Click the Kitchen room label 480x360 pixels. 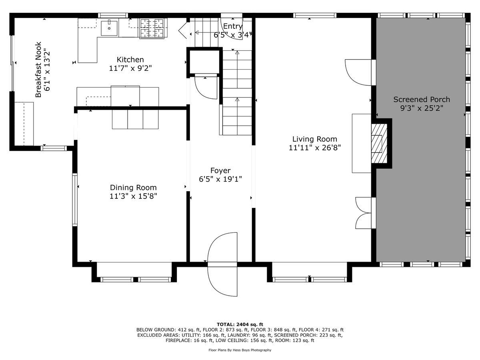[130, 60]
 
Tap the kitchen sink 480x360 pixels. [109, 28]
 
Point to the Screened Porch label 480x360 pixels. [421, 99]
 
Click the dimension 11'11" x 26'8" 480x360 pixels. [314, 148]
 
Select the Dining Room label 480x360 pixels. [133, 187]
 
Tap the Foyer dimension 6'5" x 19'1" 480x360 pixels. [220, 179]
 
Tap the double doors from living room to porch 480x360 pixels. [363, 212]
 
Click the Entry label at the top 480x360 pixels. [232, 26]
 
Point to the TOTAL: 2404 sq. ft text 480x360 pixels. [240, 324]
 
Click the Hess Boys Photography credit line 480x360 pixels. [240, 350]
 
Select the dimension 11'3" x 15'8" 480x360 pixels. [133, 196]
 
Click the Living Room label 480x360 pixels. [314, 139]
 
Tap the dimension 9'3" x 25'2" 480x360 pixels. [421, 108]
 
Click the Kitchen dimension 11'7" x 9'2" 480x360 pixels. [130, 68]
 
